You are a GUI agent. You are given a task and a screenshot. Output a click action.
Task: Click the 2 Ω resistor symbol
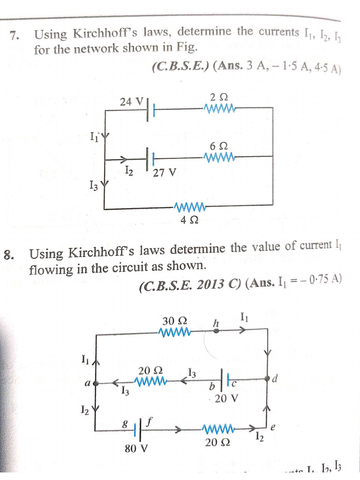pyautogui.click(x=219, y=109)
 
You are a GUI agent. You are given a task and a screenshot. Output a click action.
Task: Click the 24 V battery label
pyautogui.click(x=131, y=101)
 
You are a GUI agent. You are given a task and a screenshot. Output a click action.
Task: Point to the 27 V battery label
pyautogui.click(x=165, y=172)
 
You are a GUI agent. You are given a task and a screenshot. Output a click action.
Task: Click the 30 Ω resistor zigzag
pyautogui.click(x=175, y=332)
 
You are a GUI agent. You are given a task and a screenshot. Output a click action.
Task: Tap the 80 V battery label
pyautogui.click(x=136, y=449)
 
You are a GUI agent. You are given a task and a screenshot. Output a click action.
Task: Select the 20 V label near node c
pyautogui.click(x=226, y=398)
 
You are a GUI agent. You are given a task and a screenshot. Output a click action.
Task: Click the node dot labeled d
pyautogui.click(x=268, y=378)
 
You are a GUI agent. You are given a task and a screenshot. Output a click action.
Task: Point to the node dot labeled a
pyautogui.click(x=96, y=383)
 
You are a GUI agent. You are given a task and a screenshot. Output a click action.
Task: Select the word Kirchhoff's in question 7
pyautogui.click(x=98, y=34)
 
